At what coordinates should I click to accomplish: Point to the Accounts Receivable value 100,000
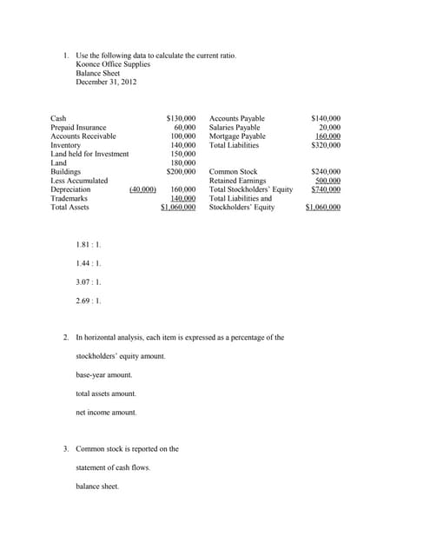coord(182,136)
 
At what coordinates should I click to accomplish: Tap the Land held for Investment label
coord(89,154)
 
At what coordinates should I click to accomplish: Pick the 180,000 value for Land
coord(182,162)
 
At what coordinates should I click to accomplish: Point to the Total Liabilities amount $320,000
coord(326,145)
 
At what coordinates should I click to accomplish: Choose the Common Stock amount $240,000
coord(326,172)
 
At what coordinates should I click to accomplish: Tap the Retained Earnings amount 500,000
coord(327,181)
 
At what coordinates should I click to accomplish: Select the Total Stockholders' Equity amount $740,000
coord(326,189)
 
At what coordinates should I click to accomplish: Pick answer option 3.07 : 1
coord(89,281)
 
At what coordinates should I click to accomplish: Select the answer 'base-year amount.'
coord(104,374)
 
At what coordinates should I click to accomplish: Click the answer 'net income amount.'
coord(106,412)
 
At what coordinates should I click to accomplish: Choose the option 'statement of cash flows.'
coord(113,467)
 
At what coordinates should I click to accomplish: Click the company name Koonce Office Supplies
coord(113,64)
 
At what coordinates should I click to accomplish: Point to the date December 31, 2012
coord(106,82)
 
